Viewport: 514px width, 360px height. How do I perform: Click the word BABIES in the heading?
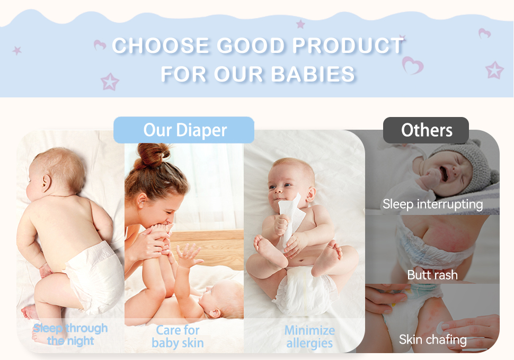[x=313, y=74]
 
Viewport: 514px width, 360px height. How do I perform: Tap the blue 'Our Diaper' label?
[x=184, y=130]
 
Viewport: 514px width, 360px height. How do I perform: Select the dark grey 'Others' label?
[x=426, y=130]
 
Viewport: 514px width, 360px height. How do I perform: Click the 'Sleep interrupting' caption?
[x=432, y=204]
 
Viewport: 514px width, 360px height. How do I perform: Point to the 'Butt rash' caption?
[x=432, y=275]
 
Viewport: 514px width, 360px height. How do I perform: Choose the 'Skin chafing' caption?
[x=432, y=339]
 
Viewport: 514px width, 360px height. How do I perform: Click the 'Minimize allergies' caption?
[x=309, y=337]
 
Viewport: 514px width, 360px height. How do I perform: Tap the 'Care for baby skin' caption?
[x=178, y=337]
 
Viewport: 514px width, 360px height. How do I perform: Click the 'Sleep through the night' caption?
[x=70, y=335]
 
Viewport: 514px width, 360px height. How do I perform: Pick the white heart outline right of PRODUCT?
[x=412, y=66]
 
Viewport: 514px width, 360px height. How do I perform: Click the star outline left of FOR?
[x=110, y=82]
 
